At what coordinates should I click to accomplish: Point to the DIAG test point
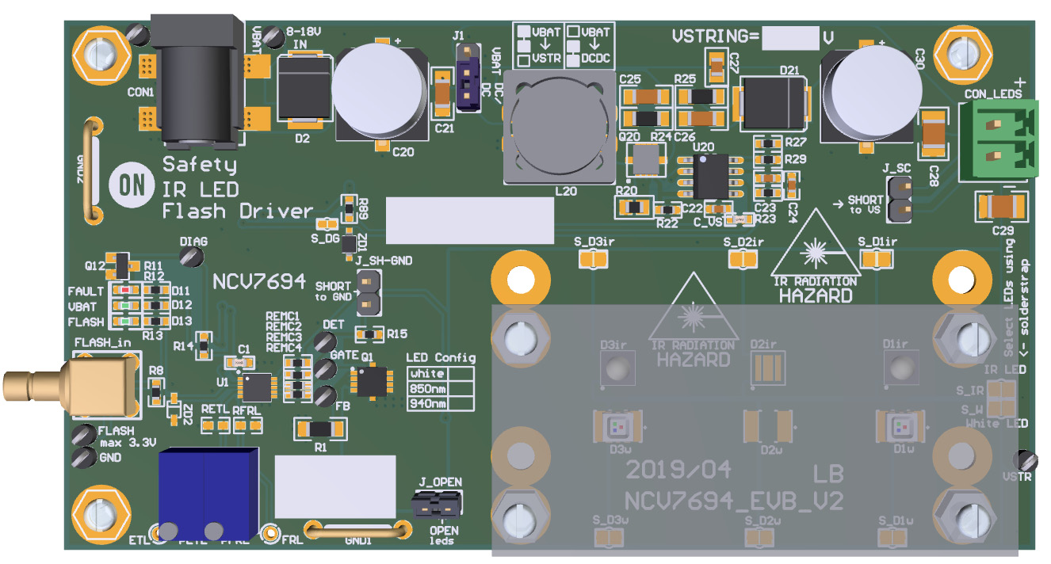(x=189, y=255)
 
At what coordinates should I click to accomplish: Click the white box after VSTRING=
(x=789, y=37)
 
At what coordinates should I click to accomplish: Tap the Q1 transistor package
(x=370, y=382)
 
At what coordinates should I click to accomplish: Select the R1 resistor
(x=320, y=429)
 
